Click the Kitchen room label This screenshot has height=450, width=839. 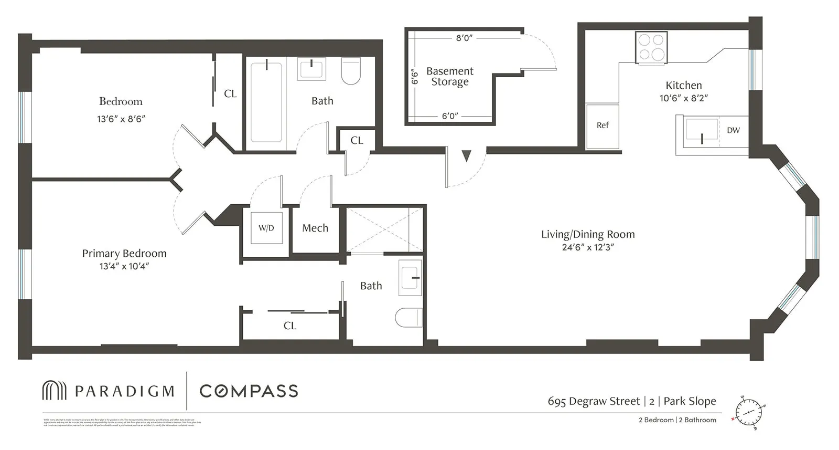point(683,85)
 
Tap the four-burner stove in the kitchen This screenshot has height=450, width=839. point(651,47)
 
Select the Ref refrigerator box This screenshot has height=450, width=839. point(603,126)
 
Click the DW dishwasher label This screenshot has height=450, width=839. point(733,130)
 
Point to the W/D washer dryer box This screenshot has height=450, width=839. point(266,228)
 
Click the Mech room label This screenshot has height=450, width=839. point(315,228)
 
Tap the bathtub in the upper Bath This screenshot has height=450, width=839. point(266,102)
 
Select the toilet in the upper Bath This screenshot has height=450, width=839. point(351,71)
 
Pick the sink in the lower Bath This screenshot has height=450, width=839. point(411,277)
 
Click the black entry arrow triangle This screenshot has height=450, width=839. point(466,155)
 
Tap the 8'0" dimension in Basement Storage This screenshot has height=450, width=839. point(464,38)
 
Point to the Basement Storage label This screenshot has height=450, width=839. point(449,77)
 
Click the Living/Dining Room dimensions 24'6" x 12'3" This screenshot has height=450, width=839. point(588,247)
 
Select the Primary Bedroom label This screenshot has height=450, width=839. point(124,253)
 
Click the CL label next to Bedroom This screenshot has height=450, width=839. point(230,93)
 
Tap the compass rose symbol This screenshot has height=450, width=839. point(749,412)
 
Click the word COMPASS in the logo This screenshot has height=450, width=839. point(249,391)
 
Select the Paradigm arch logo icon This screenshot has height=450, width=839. point(54,391)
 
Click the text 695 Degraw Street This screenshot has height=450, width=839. point(594,401)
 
